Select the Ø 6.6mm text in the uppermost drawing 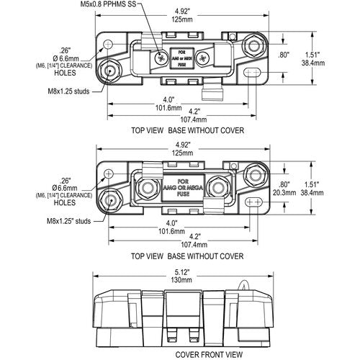tap(72, 55)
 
